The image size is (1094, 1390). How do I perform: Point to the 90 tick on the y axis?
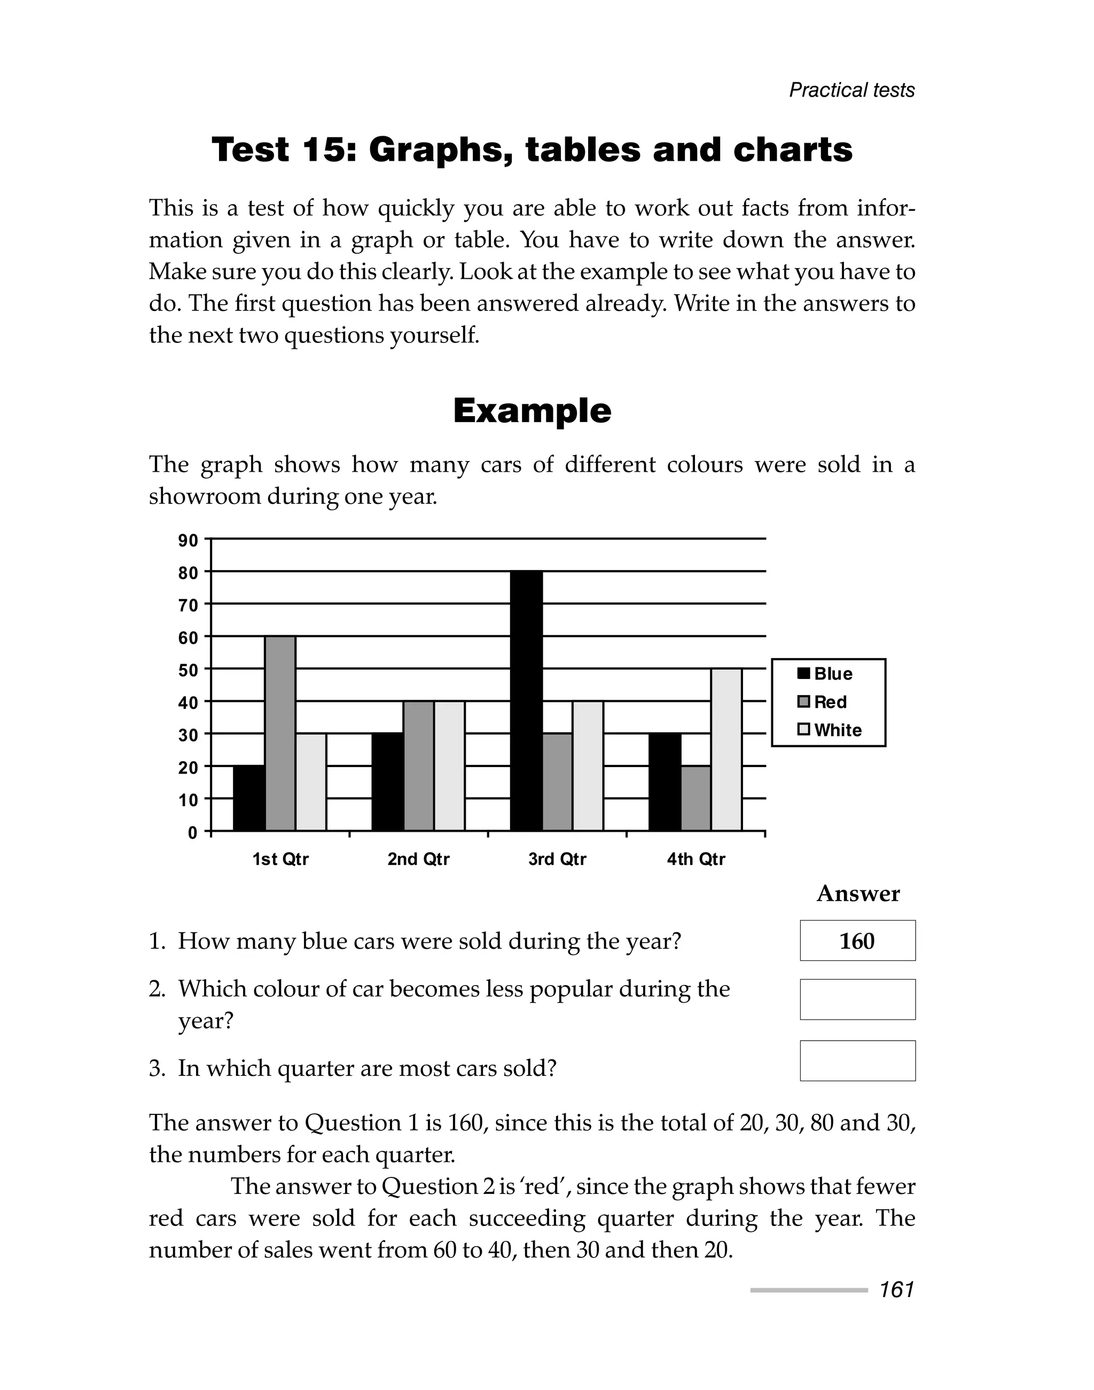[189, 541]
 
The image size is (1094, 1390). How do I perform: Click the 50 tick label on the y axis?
[189, 670]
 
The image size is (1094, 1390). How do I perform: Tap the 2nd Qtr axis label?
[418, 859]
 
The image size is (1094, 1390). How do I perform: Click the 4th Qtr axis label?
[696, 859]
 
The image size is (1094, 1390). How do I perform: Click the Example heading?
[532, 411]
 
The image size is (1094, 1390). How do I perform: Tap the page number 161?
[897, 1290]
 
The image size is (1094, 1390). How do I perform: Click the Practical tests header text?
[851, 90]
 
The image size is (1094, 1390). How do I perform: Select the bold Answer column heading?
[858, 894]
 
